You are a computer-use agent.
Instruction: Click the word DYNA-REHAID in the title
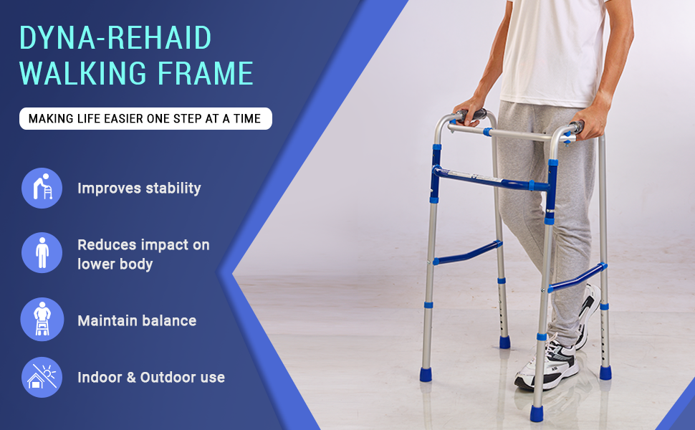[x=115, y=38]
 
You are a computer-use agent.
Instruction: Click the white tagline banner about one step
[x=145, y=118]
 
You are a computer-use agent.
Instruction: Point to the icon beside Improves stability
[x=42, y=188]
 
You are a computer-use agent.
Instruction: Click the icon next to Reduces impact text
[x=42, y=253]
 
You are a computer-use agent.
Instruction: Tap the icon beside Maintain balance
[x=42, y=319]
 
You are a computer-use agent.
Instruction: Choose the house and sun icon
[x=42, y=377]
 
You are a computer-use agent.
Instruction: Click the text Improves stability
[x=139, y=188]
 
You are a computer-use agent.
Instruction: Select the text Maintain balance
[x=137, y=320]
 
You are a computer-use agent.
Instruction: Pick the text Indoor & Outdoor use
[x=151, y=377]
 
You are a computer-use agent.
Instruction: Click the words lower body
[x=115, y=264]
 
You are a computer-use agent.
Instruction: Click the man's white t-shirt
[x=554, y=51]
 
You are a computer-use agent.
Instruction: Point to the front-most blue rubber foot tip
[x=537, y=413]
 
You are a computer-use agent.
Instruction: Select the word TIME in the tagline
[x=247, y=119]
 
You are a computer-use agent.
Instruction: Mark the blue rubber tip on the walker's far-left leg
[x=426, y=374]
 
